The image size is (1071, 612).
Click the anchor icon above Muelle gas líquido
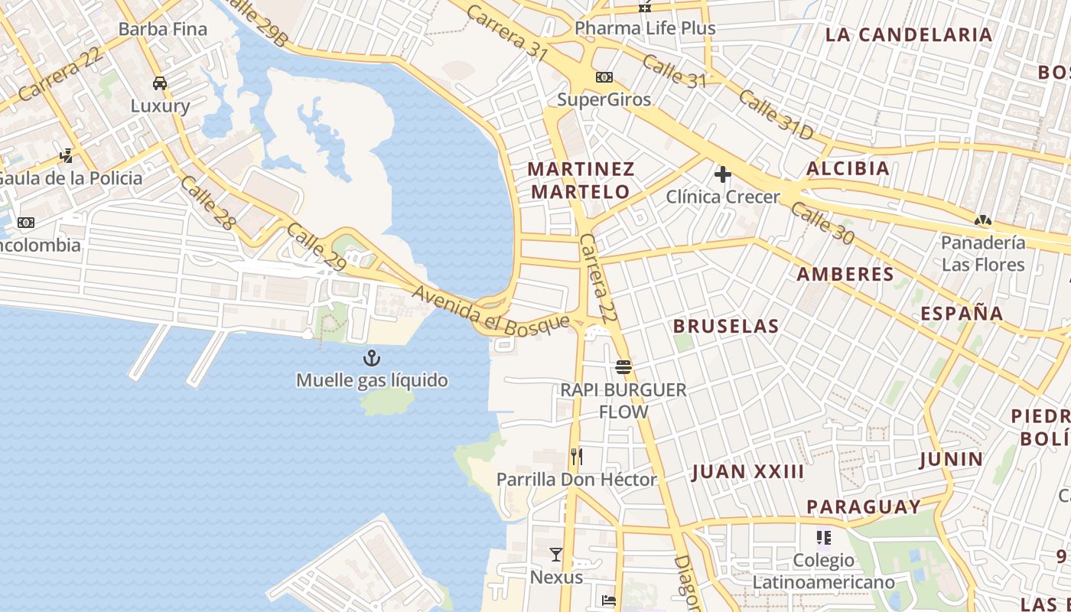pyautogui.click(x=372, y=357)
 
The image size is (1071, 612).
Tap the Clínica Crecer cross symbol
pyautogui.click(x=723, y=174)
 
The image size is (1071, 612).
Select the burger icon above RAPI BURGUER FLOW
pyautogui.click(x=623, y=367)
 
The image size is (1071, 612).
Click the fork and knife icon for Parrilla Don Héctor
pyautogui.click(x=577, y=457)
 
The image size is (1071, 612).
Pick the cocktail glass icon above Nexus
pyautogui.click(x=556, y=554)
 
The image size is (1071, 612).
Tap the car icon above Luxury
pyautogui.click(x=160, y=83)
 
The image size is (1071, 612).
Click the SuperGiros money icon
pyautogui.click(x=604, y=77)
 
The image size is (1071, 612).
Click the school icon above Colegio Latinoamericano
pyautogui.click(x=823, y=538)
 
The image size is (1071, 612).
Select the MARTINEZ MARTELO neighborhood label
pyautogui.click(x=581, y=180)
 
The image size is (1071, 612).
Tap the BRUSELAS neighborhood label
pyautogui.click(x=726, y=326)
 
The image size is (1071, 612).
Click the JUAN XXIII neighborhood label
pyautogui.click(x=748, y=471)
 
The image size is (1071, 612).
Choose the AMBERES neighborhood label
pyautogui.click(x=845, y=274)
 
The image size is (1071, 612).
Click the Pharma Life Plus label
pyautogui.click(x=645, y=28)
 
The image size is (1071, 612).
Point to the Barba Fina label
pyautogui.click(x=163, y=29)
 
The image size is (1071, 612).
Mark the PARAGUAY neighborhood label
pyautogui.click(x=864, y=506)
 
